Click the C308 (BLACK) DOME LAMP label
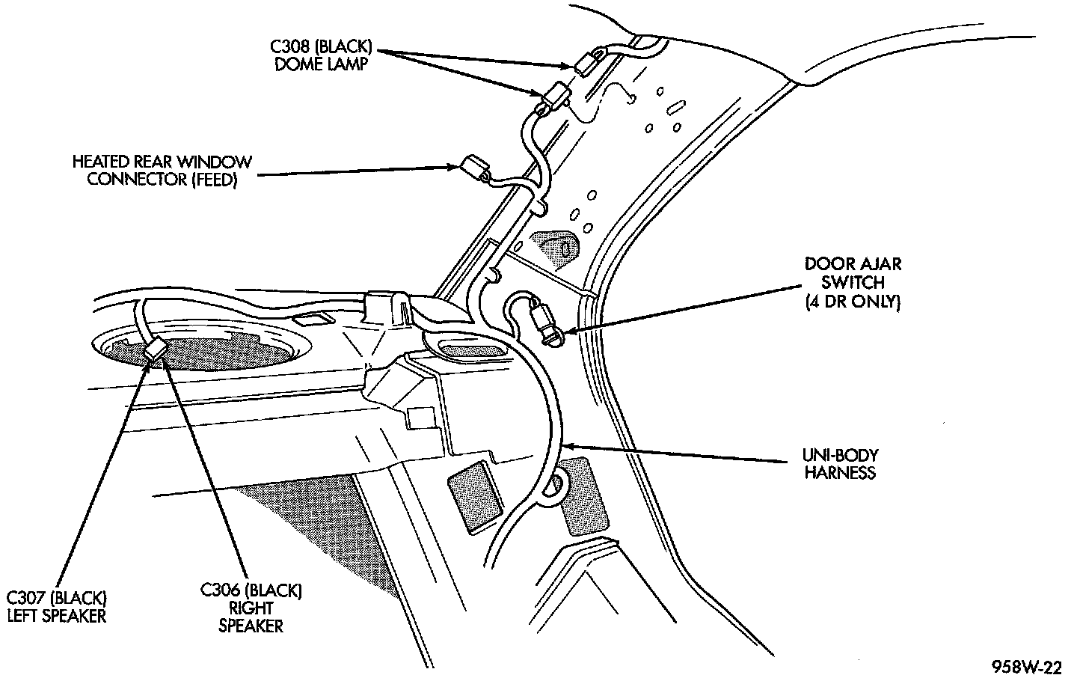[x=321, y=55]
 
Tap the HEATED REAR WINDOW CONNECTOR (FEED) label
[x=162, y=171]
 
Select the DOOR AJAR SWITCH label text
[x=853, y=283]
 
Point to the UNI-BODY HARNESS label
[x=841, y=463]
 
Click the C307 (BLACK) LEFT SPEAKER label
[x=57, y=607]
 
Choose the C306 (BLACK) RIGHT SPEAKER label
[x=251, y=608]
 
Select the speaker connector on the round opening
[x=156, y=349]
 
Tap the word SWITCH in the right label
[x=853, y=283]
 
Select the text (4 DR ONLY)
[x=853, y=302]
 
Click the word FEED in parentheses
[x=215, y=180]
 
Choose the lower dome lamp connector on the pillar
[x=553, y=95]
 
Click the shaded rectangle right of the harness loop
[x=583, y=496]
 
